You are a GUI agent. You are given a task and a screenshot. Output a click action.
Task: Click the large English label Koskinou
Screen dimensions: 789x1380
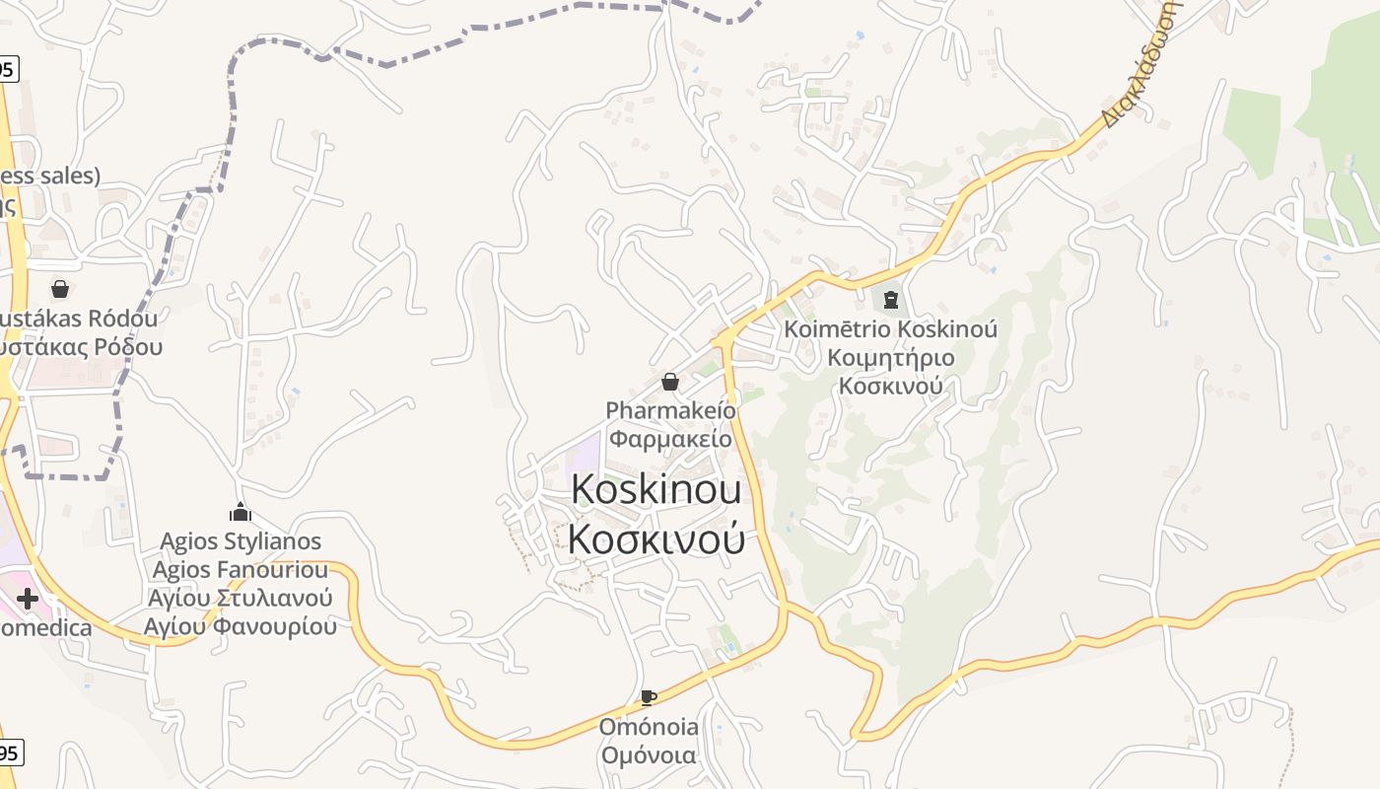tap(655, 489)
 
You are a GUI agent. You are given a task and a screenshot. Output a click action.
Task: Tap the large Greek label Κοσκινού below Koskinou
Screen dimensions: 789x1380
tap(655, 538)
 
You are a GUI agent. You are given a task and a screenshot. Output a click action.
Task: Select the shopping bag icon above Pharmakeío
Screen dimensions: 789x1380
tap(670, 382)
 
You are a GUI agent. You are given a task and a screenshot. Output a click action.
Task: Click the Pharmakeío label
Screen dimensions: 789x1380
tap(669, 410)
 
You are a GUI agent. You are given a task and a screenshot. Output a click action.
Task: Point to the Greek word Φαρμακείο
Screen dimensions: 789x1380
tap(669, 437)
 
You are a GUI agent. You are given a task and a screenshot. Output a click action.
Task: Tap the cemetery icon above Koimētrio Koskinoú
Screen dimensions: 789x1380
tap(891, 299)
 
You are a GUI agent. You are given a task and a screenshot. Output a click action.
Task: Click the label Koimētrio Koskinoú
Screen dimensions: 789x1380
tap(890, 328)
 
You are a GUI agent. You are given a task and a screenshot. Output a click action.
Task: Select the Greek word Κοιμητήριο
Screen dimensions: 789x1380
tap(890, 357)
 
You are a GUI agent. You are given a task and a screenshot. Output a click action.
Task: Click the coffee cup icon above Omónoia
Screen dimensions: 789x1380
tap(648, 698)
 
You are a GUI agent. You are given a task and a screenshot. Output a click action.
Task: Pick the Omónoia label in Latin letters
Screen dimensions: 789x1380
tap(649, 728)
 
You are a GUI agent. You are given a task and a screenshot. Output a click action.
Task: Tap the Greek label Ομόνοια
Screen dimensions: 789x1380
tap(649, 755)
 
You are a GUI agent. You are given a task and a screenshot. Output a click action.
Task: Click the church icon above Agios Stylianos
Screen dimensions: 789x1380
tap(240, 512)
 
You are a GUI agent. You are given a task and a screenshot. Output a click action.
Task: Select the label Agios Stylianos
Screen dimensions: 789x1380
tap(241, 541)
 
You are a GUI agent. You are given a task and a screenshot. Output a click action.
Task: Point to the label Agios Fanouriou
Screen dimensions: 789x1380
tap(241, 570)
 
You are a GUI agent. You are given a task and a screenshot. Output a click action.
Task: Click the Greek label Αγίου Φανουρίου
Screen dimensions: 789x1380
tap(241, 626)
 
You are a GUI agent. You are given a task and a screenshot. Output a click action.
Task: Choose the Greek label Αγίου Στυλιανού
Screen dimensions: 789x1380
tap(241, 598)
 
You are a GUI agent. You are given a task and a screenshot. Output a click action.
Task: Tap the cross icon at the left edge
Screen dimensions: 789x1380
tap(28, 598)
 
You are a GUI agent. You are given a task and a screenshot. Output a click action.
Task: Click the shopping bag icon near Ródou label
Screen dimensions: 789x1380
tap(60, 289)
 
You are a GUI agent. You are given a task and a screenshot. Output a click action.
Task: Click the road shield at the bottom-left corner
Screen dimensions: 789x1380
tap(8, 753)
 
